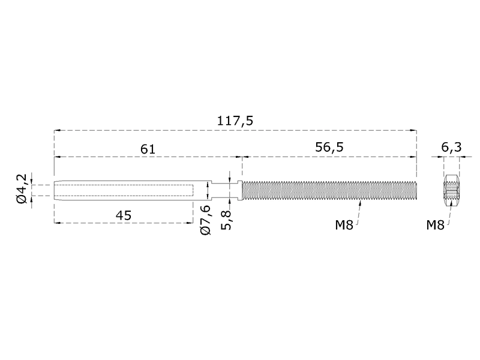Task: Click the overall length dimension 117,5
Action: tap(235, 121)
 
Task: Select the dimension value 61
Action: tap(148, 149)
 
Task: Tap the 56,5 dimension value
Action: tap(329, 147)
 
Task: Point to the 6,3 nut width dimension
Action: tap(451, 147)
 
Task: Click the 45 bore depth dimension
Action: tap(124, 215)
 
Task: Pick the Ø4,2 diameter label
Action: tap(22, 188)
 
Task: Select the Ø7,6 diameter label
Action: tap(205, 220)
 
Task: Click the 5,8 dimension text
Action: tap(226, 220)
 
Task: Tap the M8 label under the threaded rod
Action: tap(344, 226)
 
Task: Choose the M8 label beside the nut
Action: tap(435, 226)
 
